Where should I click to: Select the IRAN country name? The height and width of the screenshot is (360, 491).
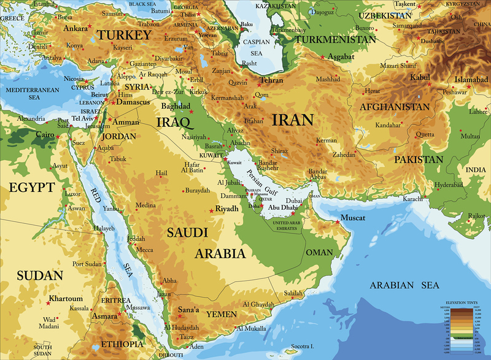coord(293,119)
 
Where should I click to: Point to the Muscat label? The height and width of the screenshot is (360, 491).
coord(354,218)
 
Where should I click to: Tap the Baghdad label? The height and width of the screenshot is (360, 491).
coord(177,105)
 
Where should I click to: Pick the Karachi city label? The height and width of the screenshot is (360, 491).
coord(411,199)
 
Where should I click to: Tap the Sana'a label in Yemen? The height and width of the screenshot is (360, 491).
coord(188,310)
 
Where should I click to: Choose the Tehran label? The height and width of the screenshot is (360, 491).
coord(271,80)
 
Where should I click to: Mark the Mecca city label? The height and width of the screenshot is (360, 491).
coord(145,250)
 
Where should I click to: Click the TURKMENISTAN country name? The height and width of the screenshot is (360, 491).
coord(335,39)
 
